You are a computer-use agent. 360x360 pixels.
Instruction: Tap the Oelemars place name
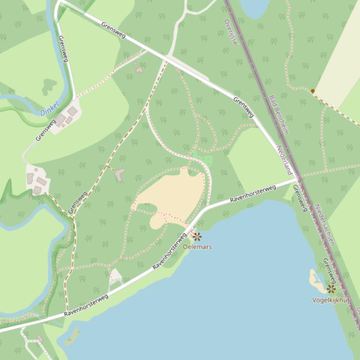197,246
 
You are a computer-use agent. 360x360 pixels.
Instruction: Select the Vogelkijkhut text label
331,300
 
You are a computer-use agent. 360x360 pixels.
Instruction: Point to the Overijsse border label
231,32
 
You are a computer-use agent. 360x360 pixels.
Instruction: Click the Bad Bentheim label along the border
278,115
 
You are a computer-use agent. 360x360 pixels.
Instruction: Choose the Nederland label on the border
284,159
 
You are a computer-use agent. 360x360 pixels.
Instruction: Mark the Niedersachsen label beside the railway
324,224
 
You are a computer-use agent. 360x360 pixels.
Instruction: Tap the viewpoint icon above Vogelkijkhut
331,289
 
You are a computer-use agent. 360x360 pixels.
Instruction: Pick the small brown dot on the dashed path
312,91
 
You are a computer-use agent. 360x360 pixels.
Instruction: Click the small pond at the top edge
254,7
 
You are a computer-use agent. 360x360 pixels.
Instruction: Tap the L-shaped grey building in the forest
120,175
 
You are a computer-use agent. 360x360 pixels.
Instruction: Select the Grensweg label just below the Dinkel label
45,130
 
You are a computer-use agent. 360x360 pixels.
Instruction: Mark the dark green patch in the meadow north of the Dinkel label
49,86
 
